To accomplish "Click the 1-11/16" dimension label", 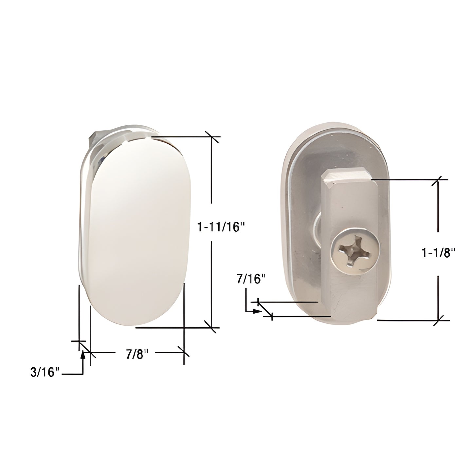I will pos(221,227).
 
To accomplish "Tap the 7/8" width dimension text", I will pos(135,354).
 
